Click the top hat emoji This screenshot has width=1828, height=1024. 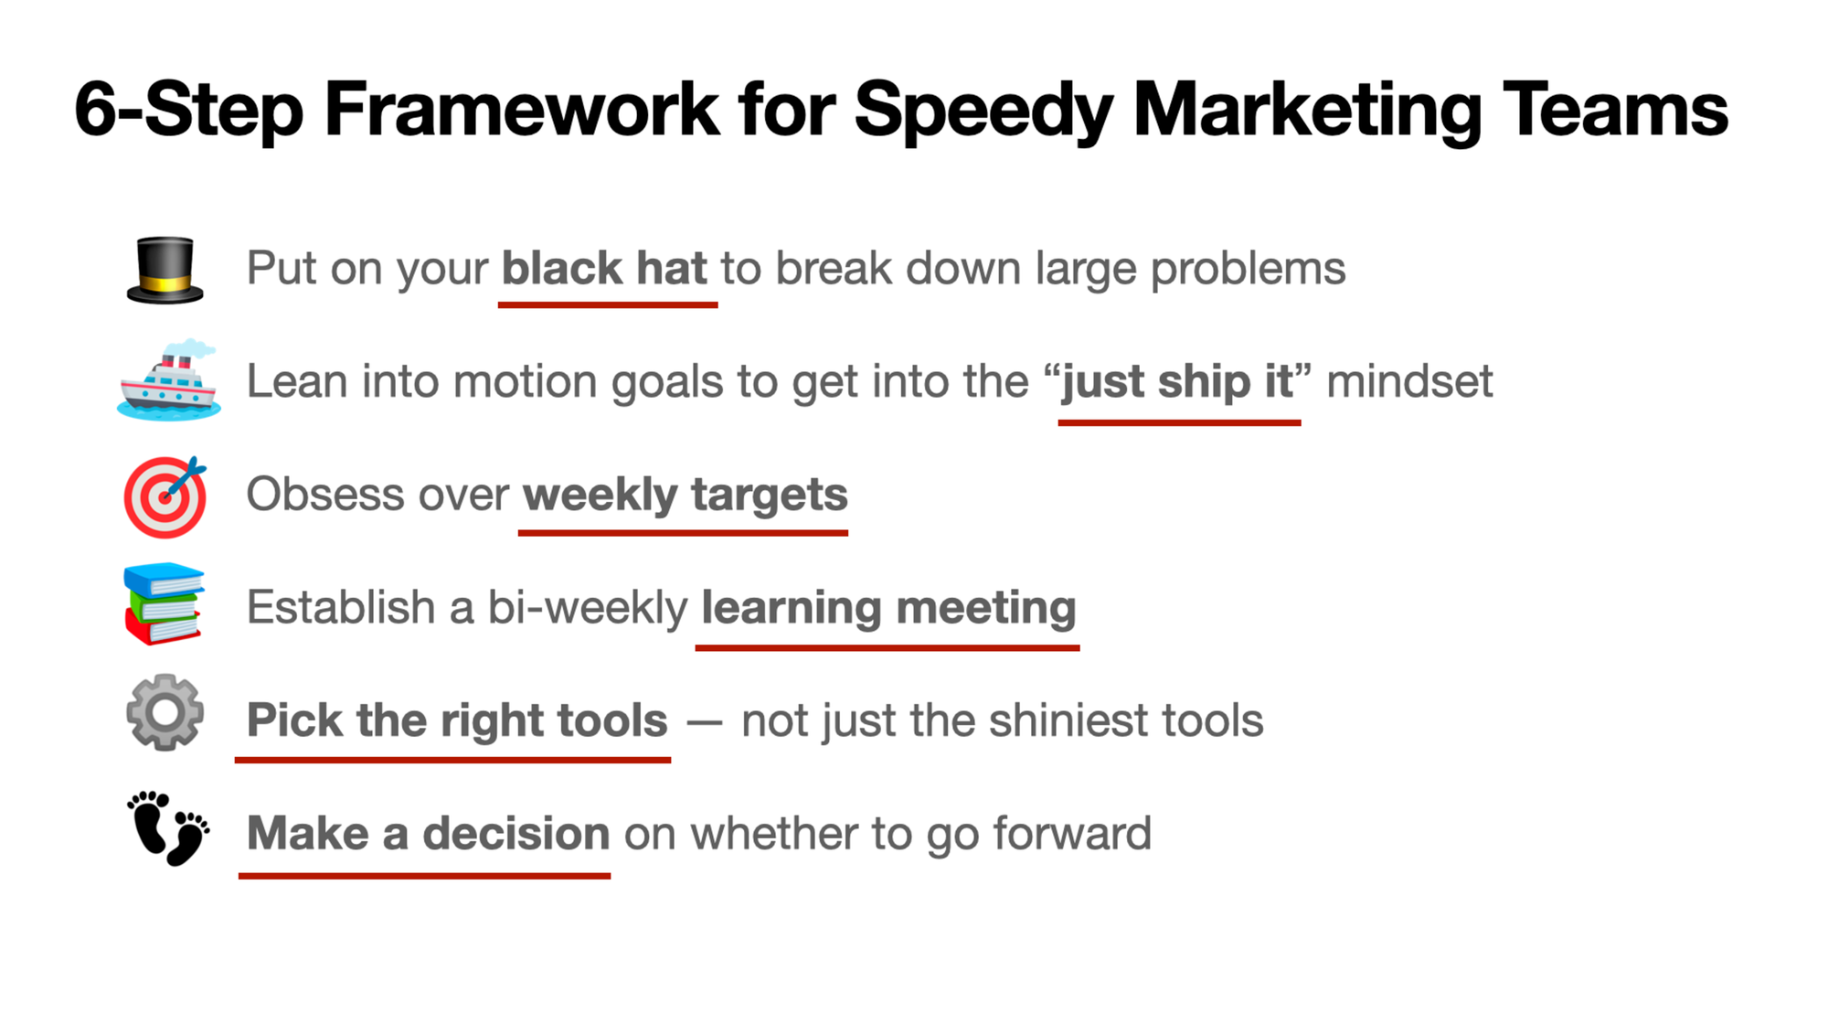[x=165, y=270]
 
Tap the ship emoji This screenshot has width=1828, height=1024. [x=169, y=380]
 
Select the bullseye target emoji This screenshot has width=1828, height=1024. [x=165, y=496]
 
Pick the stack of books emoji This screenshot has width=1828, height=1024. [x=164, y=604]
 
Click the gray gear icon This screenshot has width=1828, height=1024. [x=165, y=713]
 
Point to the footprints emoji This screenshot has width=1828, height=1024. [x=167, y=828]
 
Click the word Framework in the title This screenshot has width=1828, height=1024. [x=522, y=110]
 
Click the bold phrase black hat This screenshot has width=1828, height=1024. [x=604, y=268]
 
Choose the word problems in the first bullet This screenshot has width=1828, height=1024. [x=1248, y=270]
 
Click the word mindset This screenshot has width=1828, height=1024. [x=1409, y=381]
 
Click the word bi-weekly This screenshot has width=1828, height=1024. [x=588, y=608]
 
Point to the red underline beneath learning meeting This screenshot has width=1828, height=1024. [x=887, y=647]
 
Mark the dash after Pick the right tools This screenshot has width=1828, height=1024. [x=705, y=723]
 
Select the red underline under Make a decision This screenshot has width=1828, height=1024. [x=424, y=876]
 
